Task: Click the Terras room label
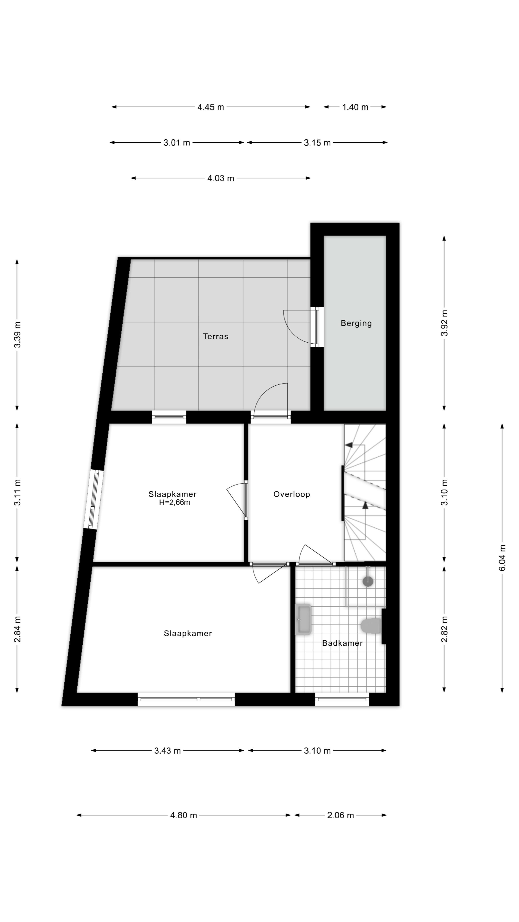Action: tap(215, 336)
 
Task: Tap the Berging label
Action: tap(356, 323)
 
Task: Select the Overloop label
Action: tap(291, 494)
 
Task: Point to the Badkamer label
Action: tap(342, 643)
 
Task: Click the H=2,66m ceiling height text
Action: tap(174, 503)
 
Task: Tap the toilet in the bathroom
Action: tap(371, 626)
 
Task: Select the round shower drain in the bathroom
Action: tap(368, 581)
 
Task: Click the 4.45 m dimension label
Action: tap(211, 107)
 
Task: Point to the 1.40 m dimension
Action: tap(355, 107)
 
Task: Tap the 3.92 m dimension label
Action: tap(444, 323)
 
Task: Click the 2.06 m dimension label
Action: tap(340, 815)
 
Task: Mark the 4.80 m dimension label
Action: tap(183, 815)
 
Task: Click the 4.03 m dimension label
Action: tap(221, 178)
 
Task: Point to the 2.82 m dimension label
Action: tap(444, 629)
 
